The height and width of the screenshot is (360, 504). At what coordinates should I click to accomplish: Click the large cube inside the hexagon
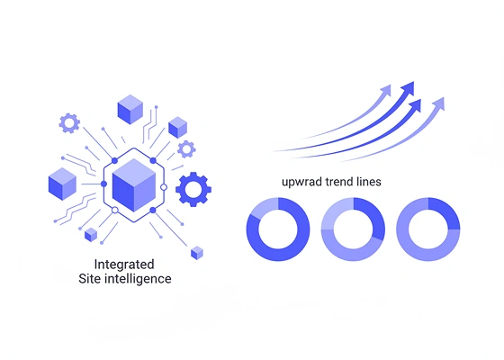click(134, 184)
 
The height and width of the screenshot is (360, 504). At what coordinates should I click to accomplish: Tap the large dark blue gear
click(193, 189)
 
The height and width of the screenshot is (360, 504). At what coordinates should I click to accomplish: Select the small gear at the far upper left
click(69, 123)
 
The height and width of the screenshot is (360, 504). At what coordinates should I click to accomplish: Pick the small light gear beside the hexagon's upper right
click(186, 149)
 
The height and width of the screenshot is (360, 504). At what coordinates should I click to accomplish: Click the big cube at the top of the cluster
click(130, 109)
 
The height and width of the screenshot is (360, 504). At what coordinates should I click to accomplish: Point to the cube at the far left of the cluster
click(62, 184)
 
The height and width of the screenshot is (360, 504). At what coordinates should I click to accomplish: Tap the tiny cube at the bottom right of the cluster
click(197, 253)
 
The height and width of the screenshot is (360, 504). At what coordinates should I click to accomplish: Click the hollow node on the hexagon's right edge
click(164, 187)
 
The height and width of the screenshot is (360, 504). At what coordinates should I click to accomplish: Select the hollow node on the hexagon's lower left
click(115, 211)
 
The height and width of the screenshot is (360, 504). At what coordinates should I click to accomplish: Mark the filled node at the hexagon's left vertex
click(103, 184)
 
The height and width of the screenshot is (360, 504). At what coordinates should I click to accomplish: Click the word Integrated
click(124, 265)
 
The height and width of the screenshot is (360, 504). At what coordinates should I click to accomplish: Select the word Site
click(90, 278)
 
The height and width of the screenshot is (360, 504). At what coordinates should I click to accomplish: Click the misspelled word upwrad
click(301, 182)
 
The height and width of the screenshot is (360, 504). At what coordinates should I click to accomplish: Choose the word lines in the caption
click(369, 182)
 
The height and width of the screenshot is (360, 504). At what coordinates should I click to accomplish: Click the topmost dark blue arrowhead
click(408, 87)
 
